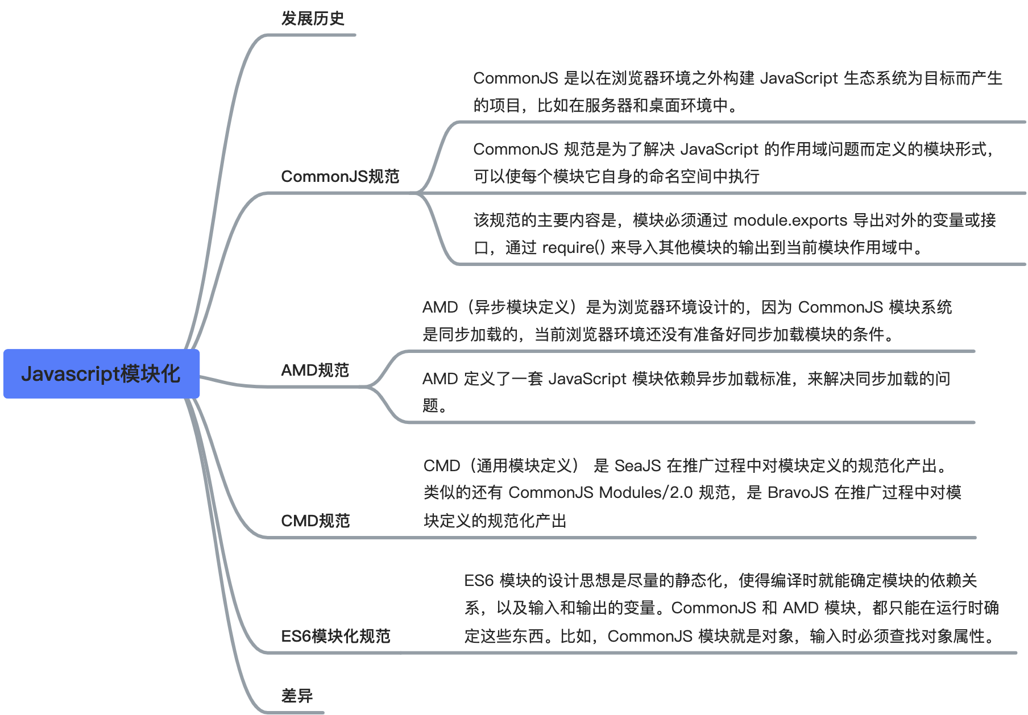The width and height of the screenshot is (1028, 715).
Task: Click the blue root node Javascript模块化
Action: point(101,373)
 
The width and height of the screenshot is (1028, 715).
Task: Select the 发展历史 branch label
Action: point(313,18)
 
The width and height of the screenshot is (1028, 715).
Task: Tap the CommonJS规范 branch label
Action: point(340,176)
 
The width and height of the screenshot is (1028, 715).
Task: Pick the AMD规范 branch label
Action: point(315,370)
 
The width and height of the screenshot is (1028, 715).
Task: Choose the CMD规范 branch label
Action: point(316,521)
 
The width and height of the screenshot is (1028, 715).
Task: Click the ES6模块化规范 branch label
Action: point(335,636)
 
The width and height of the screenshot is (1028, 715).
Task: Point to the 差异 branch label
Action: point(297,696)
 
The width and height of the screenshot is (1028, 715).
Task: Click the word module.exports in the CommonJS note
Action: point(790,220)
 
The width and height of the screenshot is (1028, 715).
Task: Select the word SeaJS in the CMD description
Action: point(637,465)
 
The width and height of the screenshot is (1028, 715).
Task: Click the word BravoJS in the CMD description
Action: point(798,492)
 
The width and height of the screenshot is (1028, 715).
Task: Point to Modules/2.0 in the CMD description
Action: point(646,492)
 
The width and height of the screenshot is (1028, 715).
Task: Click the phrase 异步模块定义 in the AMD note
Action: point(522,307)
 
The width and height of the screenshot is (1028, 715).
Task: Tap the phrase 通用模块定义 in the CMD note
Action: point(524,465)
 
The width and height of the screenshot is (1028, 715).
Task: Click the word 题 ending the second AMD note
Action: point(430,405)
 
